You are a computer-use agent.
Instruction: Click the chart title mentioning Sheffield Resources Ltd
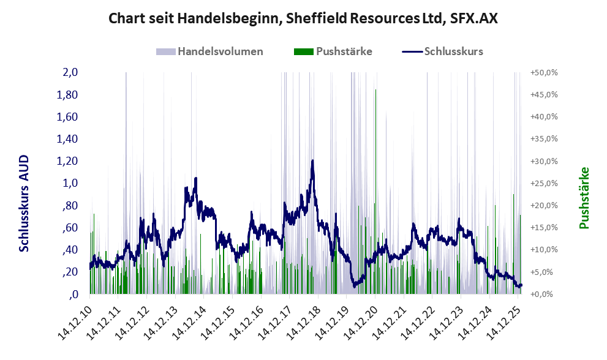point(303,18)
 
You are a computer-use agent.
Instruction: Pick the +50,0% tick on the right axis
point(544,72)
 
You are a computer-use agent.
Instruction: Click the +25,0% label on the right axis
point(544,183)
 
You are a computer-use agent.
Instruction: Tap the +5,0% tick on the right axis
point(545,272)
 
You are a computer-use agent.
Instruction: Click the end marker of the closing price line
point(520,285)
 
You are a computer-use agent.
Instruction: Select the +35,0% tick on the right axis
point(544,139)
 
